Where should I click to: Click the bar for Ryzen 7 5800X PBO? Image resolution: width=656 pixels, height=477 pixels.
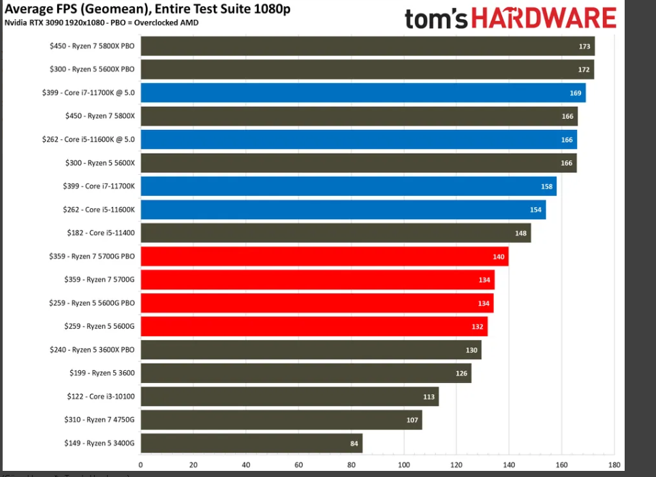(x=368, y=46)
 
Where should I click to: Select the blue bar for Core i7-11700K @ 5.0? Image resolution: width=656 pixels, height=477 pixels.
(x=363, y=93)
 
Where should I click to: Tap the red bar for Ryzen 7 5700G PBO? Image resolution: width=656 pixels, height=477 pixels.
(x=324, y=257)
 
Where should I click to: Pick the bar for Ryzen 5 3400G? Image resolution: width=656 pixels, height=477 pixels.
(x=251, y=443)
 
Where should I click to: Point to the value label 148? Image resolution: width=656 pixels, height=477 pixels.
(x=521, y=233)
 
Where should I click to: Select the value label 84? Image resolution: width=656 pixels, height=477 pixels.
(x=354, y=444)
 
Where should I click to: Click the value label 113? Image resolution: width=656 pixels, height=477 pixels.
(x=429, y=397)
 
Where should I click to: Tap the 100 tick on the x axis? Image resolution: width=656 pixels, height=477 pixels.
(x=404, y=465)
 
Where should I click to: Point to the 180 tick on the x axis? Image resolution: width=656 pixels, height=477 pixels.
(x=614, y=465)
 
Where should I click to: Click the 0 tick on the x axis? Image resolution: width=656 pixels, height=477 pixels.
(x=141, y=465)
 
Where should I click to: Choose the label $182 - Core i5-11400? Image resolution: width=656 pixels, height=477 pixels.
(x=92, y=233)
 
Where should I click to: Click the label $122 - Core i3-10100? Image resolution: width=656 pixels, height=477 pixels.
(x=92, y=396)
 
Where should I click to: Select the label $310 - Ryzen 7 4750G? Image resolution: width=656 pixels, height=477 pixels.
(x=92, y=420)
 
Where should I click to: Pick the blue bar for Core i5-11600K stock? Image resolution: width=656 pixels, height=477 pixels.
(x=343, y=210)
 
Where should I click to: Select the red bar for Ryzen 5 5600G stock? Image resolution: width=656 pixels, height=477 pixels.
(x=314, y=327)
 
